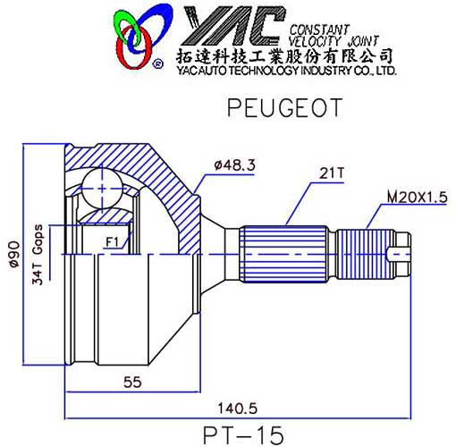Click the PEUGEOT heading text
[x=283, y=109]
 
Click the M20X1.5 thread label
[x=416, y=195]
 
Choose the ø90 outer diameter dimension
[x=13, y=254]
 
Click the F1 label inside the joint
[x=112, y=241]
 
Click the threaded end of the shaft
[x=374, y=253]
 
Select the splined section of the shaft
[x=289, y=253]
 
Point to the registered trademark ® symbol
[x=157, y=64]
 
